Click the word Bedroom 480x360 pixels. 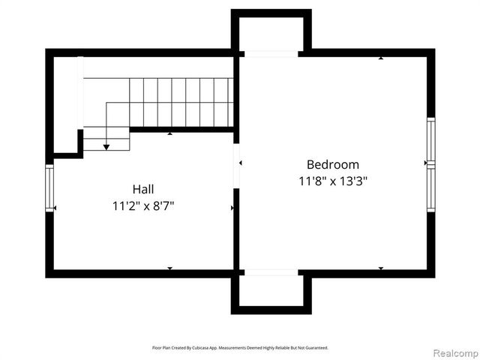coord(332,164)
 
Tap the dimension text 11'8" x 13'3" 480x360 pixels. coord(332,181)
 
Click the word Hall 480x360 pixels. coord(143,189)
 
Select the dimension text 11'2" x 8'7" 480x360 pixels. coord(143,205)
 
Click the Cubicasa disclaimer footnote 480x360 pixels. coord(240,348)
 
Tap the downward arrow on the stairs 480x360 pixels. coord(106,146)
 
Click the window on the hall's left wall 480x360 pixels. coord(49,188)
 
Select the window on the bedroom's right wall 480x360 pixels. coord(430,163)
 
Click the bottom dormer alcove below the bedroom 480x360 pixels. coord(271,291)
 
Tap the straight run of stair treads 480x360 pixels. coord(180,101)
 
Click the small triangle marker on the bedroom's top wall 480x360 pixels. coord(381,57)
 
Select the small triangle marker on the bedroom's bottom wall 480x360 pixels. coord(381,268)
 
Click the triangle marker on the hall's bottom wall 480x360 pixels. coord(170,268)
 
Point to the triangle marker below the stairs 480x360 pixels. coord(170,133)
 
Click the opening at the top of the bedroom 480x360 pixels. coord(271,53)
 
